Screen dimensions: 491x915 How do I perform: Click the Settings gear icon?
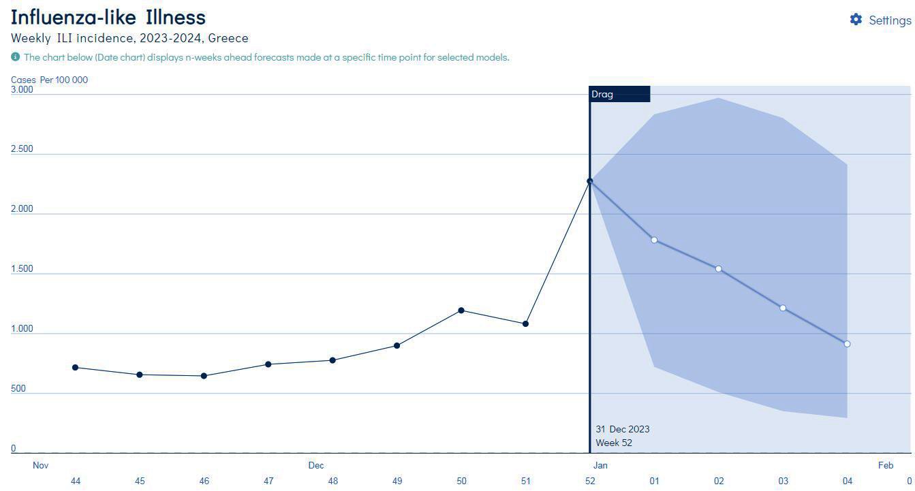[856, 20]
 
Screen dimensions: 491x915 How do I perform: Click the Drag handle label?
[602, 94]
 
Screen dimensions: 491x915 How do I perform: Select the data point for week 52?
[590, 181]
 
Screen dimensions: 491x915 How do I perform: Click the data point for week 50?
[461, 311]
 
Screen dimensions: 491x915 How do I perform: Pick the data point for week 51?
[525, 323]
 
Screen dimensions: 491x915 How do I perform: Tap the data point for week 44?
[75, 368]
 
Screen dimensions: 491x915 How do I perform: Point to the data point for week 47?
[268, 364]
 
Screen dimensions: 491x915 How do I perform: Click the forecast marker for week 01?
[654, 240]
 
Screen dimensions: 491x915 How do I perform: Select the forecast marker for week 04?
[847, 344]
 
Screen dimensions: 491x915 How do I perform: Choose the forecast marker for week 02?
[718, 269]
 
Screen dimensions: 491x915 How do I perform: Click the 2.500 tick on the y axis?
[22, 149]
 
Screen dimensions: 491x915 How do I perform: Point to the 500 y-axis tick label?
[18, 389]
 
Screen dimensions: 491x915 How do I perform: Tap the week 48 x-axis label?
[332, 481]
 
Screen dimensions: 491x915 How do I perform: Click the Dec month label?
[315, 466]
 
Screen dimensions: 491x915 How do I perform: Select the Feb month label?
[885, 466]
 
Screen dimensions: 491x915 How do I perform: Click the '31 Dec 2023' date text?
[622, 429]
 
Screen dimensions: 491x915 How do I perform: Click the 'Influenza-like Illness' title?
[108, 17]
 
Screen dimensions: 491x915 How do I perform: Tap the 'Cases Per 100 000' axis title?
[49, 80]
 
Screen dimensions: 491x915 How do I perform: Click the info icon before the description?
[15, 57]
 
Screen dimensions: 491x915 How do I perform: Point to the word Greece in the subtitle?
[228, 38]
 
